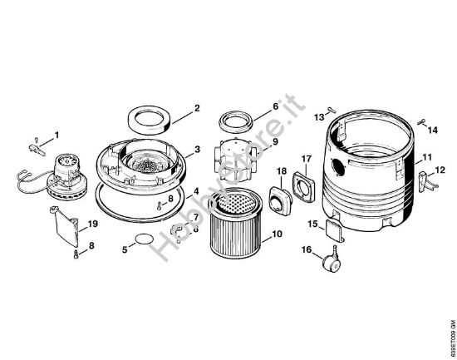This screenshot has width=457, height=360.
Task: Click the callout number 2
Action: [x=197, y=107]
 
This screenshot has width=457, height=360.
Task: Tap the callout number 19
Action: [x=93, y=224]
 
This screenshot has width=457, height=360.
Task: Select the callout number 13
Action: [x=319, y=118]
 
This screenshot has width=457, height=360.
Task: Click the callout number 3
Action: [x=197, y=150]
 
